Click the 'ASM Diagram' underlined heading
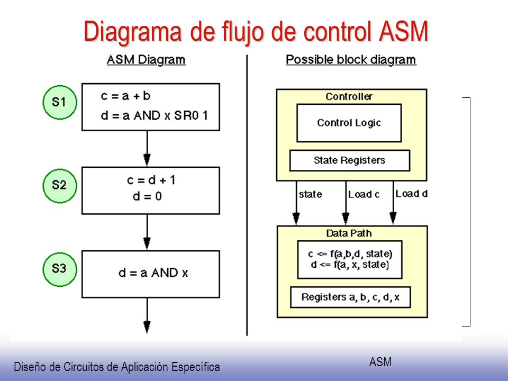(x=146, y=60)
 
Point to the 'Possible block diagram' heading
(x=351, y=60)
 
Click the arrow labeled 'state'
(x=296, y=203)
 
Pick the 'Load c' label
(x=364, y=194)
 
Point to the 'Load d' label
(x=412, y=194)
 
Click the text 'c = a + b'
(x=126, y=96)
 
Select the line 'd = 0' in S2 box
(x=147, y=196)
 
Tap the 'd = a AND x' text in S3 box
(x=153, y=273)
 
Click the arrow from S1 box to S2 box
(x=147, y=149)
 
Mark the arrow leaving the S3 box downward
(x=147, y=315)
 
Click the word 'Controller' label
(x=349, y=96)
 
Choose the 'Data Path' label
(x=349, y=233)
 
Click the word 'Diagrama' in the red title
(x=132, y=32)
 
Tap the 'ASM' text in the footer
(x=380, y=362)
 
